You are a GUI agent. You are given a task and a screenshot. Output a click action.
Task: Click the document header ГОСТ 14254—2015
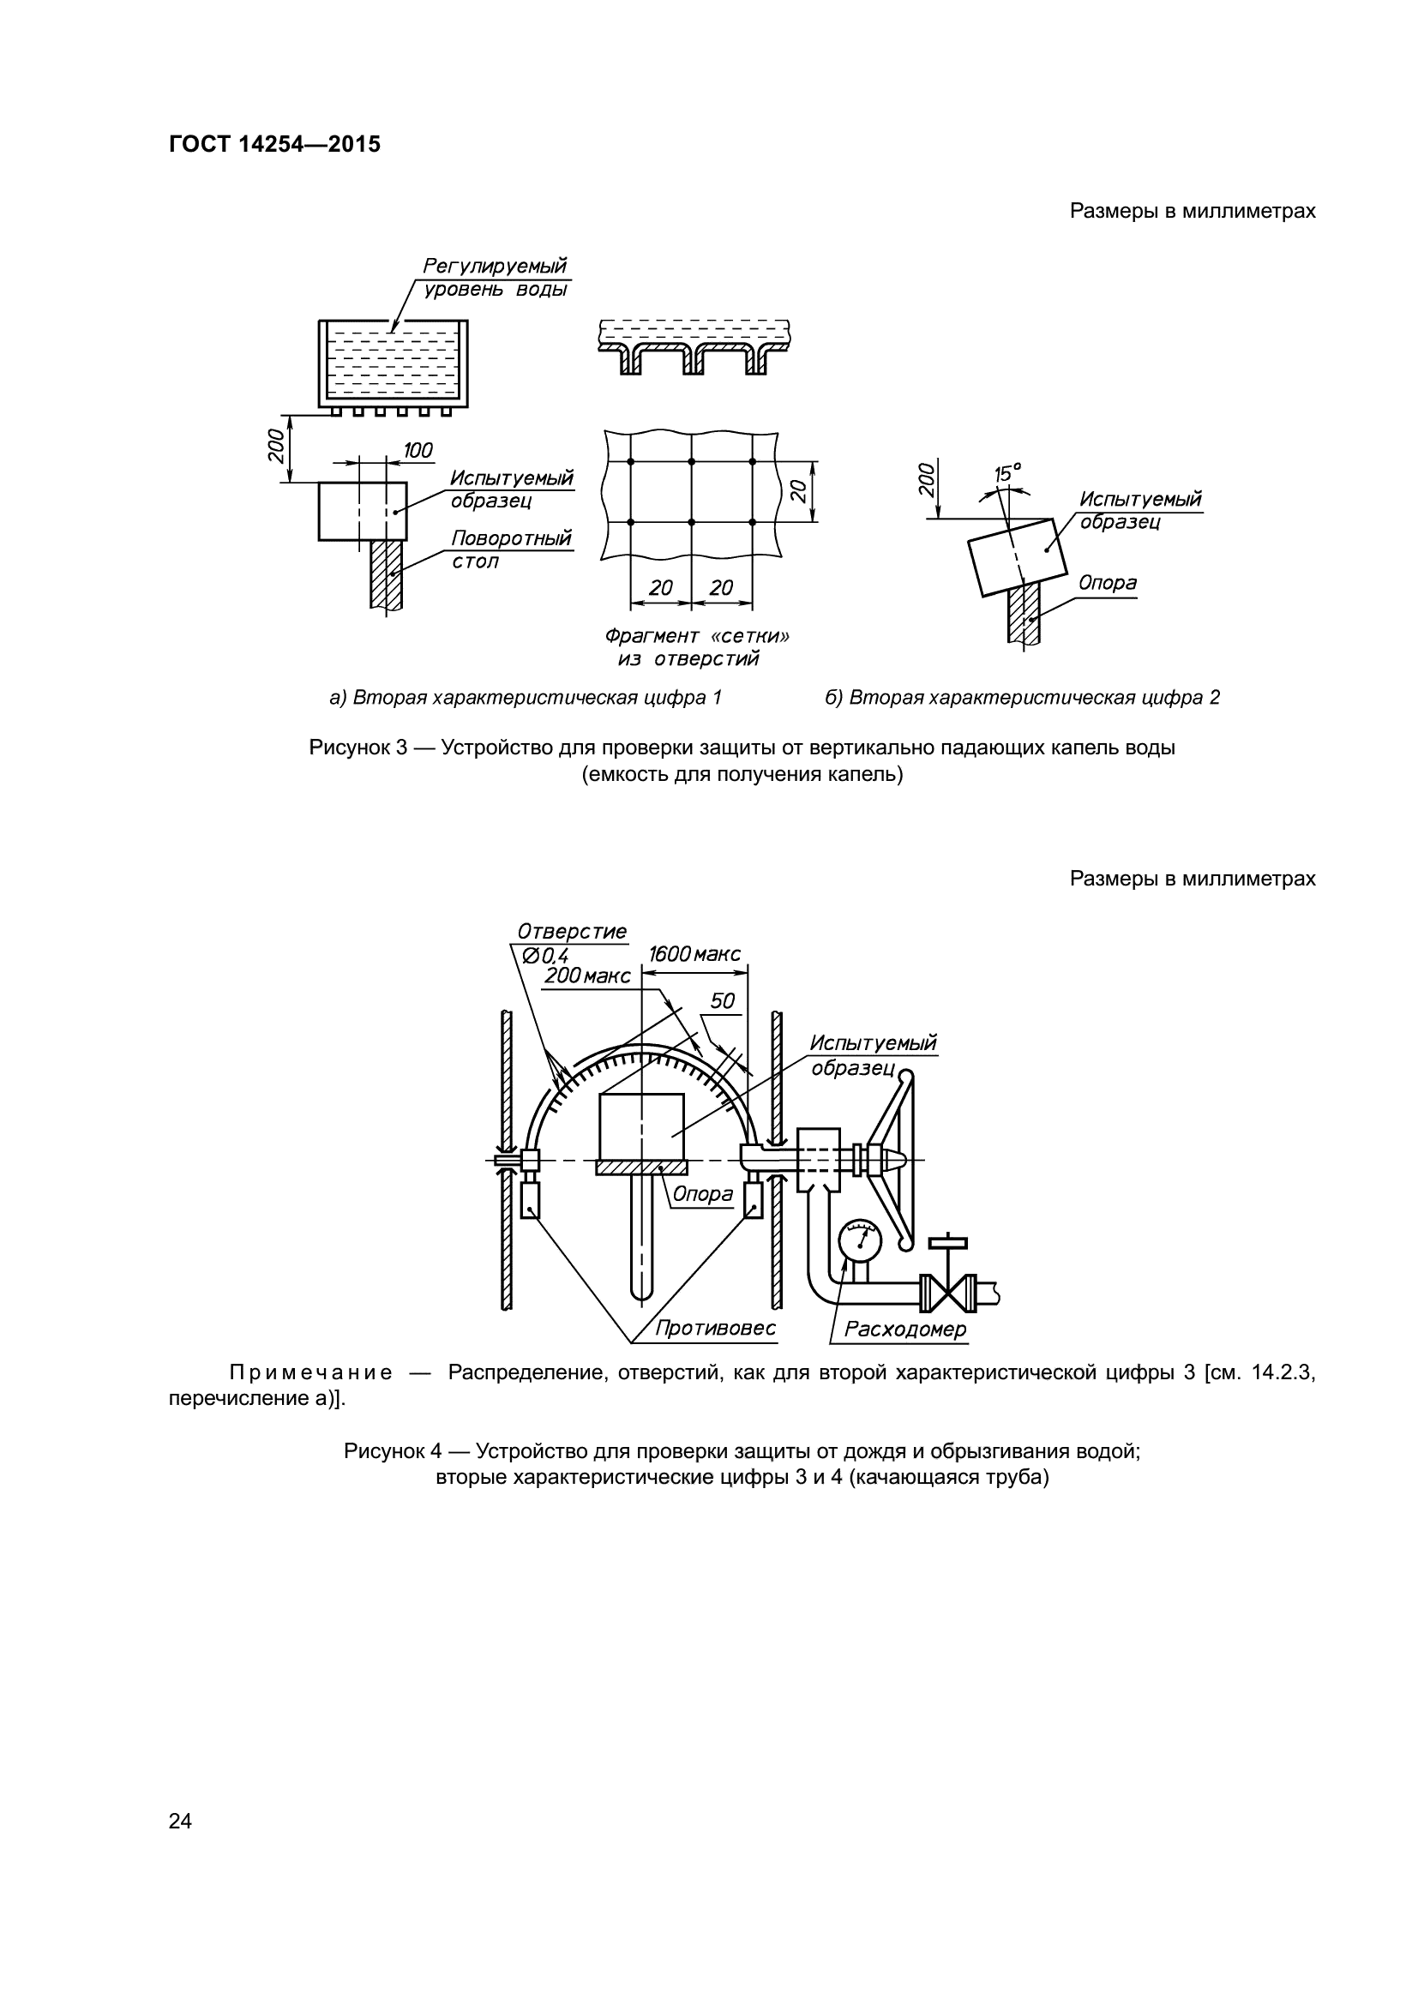pyautogui.click(x=274, y=145)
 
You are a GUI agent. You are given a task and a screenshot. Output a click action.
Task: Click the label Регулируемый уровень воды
pyautogui.click(x=495, y=277)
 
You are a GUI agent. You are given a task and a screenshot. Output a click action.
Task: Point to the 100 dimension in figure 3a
pyautogui.click(x=418, y=451)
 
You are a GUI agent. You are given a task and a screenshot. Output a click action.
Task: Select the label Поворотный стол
pyautogui.click(x=511, y=549)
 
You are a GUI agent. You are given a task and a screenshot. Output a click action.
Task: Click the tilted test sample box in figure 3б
pyautogui.click(x=1018, y=555)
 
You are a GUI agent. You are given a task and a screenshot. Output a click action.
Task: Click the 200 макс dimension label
pyautogui.click(x=586, y=976)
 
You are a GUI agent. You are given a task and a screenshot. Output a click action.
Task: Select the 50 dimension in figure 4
pyautogui.click(x=722, y=1000)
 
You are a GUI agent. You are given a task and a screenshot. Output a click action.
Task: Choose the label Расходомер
pyautogui.click(x=905, y=1330)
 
